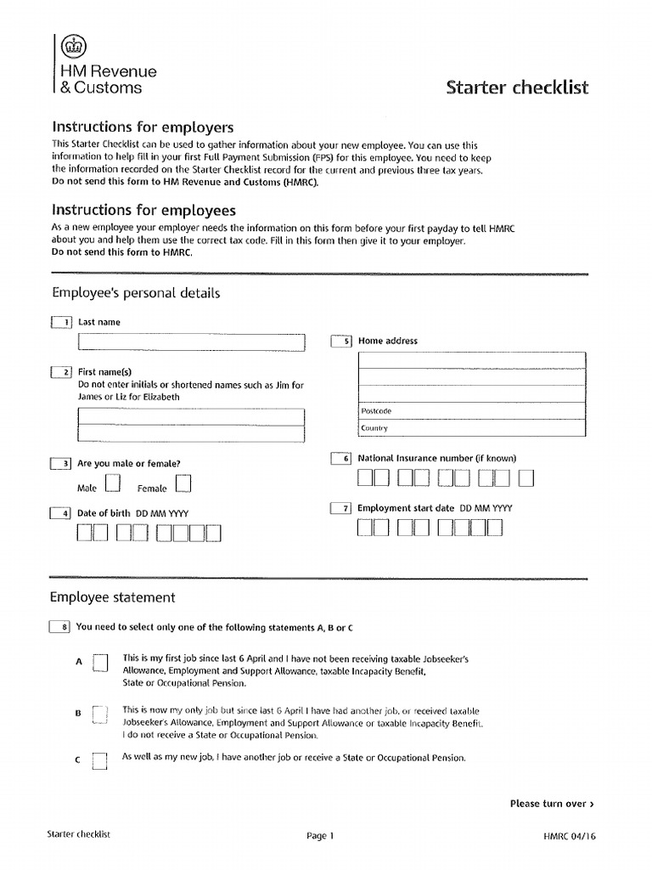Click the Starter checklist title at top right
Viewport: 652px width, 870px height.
[517, 88]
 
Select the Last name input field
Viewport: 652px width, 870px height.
[191, 342]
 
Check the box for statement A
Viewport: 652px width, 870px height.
[100, 663]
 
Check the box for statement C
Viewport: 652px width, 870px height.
[100, 760]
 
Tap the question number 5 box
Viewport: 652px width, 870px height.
[341, 341]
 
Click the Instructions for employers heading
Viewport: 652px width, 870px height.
[143, 127]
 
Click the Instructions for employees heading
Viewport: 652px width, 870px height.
[143, 210]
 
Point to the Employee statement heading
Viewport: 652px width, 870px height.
[113, 597]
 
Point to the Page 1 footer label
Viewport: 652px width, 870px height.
[320, 836]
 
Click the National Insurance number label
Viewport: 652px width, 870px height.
[436, 458]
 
